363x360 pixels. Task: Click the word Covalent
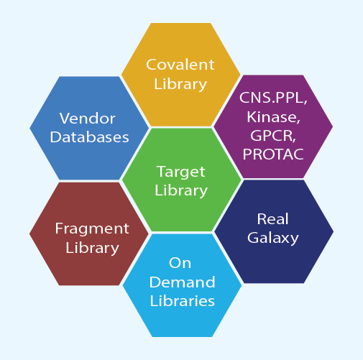[180, 65]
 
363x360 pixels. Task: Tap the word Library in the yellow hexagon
[180, 84]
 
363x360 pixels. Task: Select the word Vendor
[88, 119]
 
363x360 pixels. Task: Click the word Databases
[89, 137]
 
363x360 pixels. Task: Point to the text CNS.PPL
[273, 98]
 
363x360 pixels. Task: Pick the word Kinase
[273, 117]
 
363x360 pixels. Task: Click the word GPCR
[273, 136]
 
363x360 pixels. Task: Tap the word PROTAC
[273, 154]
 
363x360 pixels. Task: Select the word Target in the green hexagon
[181, 172]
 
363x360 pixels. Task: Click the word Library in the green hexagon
[181, 190]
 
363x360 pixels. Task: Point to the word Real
[272, 219]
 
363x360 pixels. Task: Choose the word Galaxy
[273, 238]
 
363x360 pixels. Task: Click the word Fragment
[92, 229]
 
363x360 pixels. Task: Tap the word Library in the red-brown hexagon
[92, 248]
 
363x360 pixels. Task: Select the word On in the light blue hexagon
[180, 263]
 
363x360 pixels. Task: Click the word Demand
[182, 282]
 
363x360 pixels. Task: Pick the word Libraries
[182, 300]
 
